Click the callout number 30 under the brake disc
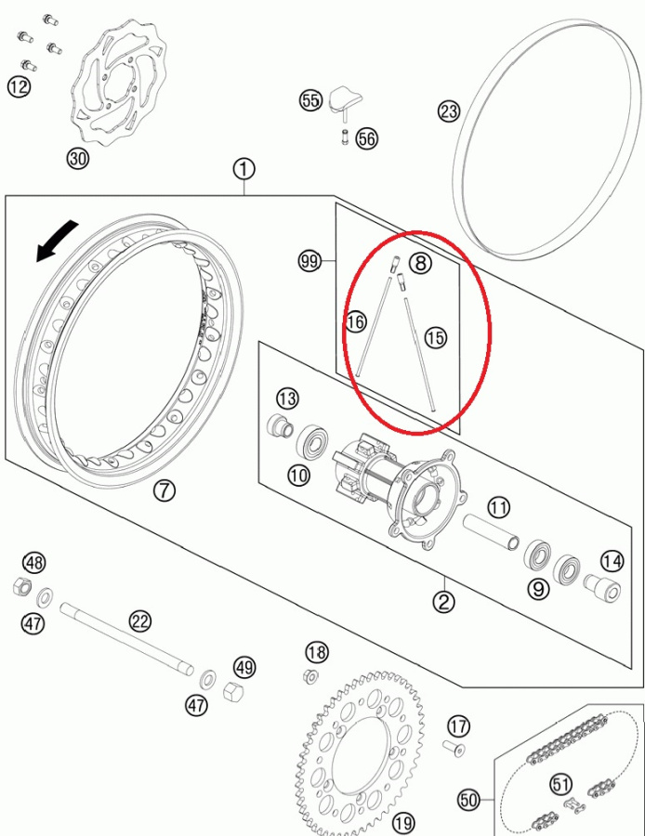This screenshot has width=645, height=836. [x=78, y=158]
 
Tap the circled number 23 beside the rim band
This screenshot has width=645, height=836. [x=449, y=111]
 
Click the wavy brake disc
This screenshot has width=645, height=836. [x=118, y=85]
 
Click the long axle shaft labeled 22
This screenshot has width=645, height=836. [x=126, y=640]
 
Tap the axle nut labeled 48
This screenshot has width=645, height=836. [x=20, y=586]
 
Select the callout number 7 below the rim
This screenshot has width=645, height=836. [x=164, y=490]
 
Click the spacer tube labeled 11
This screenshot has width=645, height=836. [x=491, y=531]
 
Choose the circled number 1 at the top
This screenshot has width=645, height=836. [x=244, y=170]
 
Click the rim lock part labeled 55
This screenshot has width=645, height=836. [x=345, y=102]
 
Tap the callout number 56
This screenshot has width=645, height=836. [x=366, y=138]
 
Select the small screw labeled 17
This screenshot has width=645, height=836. [x=454, y=748]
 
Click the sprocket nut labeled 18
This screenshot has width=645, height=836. [x=310, y=676]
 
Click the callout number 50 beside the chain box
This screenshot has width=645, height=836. [x=469, y=800]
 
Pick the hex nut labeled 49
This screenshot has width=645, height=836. [x=233, y=691]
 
